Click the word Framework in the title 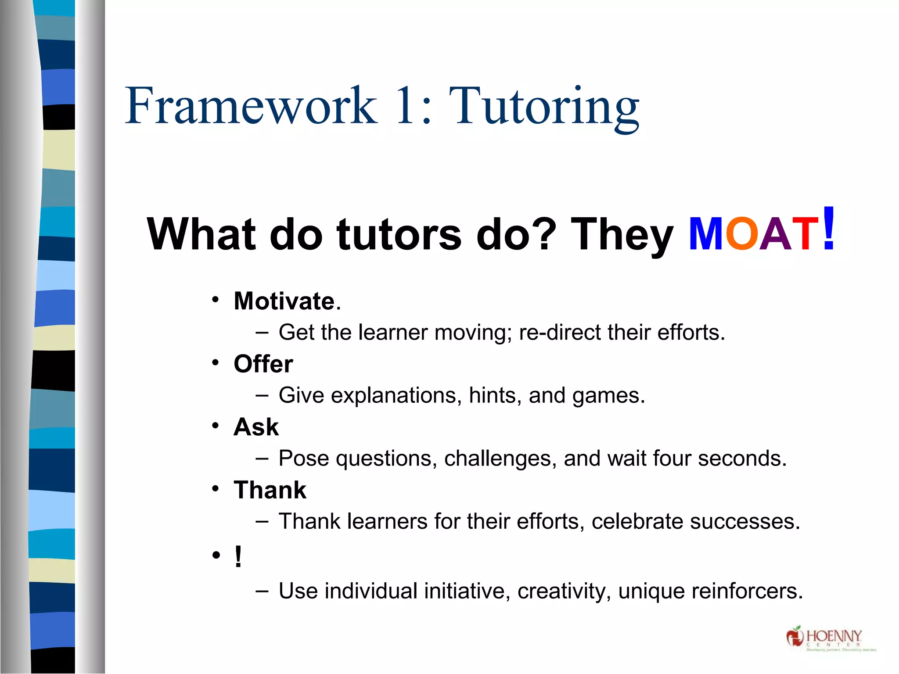pyautogui.click(x=251, y=106)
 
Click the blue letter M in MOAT pyautogui.click(x=706, y=234)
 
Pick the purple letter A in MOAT pyautogui.click(x=776, y=234)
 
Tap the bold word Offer pyautogui.click(x=263, y=364)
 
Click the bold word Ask pyautogui.click(x=256, y=427)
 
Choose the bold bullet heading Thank pyautogui.click(x=270, y=490)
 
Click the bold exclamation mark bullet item pyautogui.click(x=238, y=556)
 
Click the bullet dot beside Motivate pyautogui.click(x=215, y=300)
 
